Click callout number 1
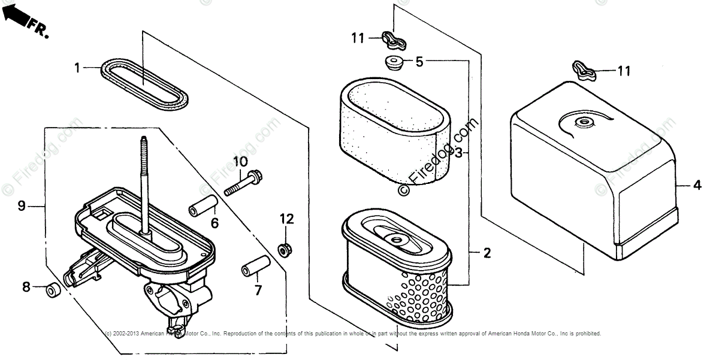pyautogui.click(x=77, y=68)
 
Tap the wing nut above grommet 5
pyautogui.click(x=393, y=40)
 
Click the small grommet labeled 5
pyautogui.click(x=392, y=62)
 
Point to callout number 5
pyautogui.click(x=419, y=60)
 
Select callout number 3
pyautogui.click(x=459, y=153)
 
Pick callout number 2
pyautogui.click(x=487, y=253)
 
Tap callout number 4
pyautogui.click(x=697, y=186)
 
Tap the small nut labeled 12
pyautogui.click(x=285, y=248)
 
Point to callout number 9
pyautogui.click(x=21, y=206)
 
